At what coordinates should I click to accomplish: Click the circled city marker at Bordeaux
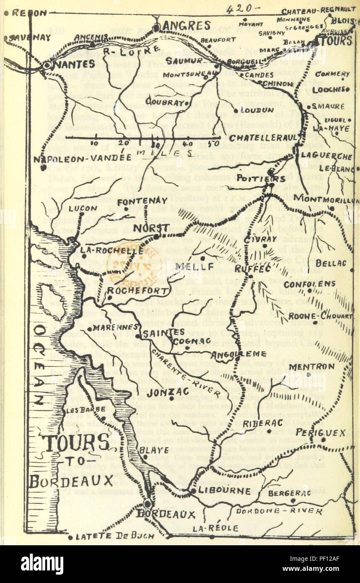point(148,504)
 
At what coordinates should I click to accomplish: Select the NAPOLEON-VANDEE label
point(80,158)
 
